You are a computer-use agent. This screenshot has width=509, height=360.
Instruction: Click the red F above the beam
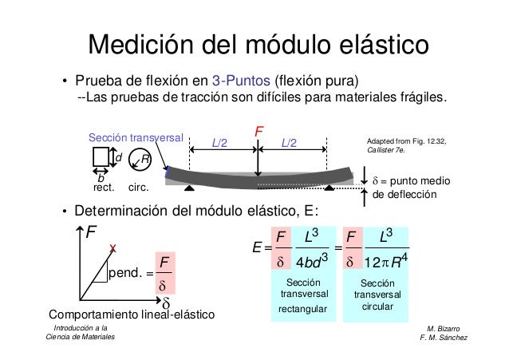258,129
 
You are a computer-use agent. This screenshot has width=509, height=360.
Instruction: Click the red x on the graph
113,249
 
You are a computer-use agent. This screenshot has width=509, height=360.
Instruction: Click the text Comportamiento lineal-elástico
132,316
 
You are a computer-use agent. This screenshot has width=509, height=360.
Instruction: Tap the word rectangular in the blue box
303,309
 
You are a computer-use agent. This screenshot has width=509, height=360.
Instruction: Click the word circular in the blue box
377,307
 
